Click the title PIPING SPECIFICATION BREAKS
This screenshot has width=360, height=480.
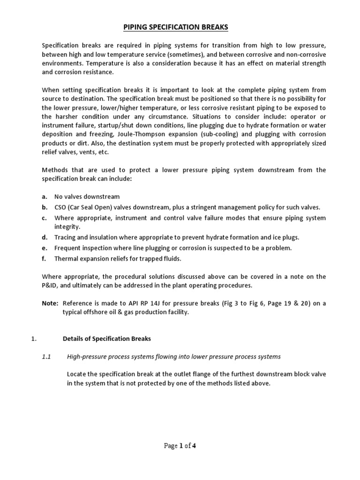pyautogui.click(x=176, y=27)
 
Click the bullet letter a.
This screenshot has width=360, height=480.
pyautogui.click(x=45, y=197)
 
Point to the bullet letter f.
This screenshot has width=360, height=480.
pyautogui.click(x=44, y=258)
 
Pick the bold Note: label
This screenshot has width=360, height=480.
pyautogui.click(x=50, y=304)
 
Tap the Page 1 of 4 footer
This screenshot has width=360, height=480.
pyautogui.click(x=180, y=446)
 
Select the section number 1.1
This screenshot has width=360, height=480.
pyautogui.click(x=46, y=357)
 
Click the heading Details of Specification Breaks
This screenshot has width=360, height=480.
pyautogui.click(x=107, y=339)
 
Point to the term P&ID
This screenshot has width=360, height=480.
pyautogui.click(x=51, y=285)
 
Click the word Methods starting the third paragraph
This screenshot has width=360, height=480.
pyautogui.click(x=55, y=170)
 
